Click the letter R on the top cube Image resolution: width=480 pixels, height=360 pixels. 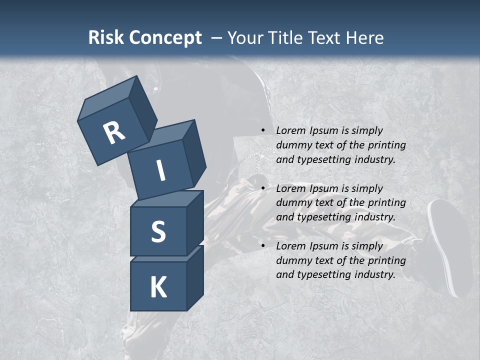pos(114,132)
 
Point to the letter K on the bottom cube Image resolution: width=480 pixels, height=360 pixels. pos(158,287)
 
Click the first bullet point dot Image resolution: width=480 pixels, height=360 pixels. pos(263,130)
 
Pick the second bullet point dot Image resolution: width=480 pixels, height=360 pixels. pos(263,188)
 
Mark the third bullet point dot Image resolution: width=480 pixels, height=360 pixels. pos(263,246)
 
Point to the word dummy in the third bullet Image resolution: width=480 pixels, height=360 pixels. pos(292,260)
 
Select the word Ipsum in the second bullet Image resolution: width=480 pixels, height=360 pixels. pos(325,188)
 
